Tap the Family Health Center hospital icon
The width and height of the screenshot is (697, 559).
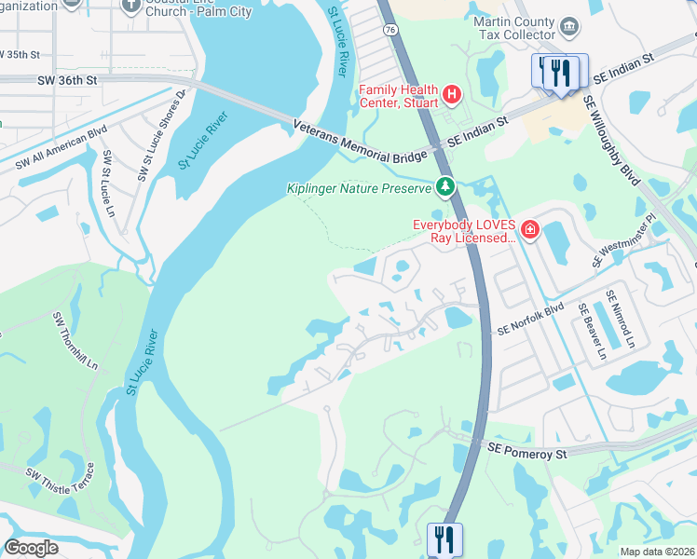[452, 94]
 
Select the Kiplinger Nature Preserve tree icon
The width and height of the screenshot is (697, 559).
[445, 187]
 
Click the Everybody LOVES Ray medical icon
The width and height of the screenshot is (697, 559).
[529, 229]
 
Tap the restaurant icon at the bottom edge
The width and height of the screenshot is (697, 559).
[444, 538]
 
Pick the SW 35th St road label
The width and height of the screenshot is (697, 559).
[20, 55]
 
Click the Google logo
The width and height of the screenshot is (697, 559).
[31, 547]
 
